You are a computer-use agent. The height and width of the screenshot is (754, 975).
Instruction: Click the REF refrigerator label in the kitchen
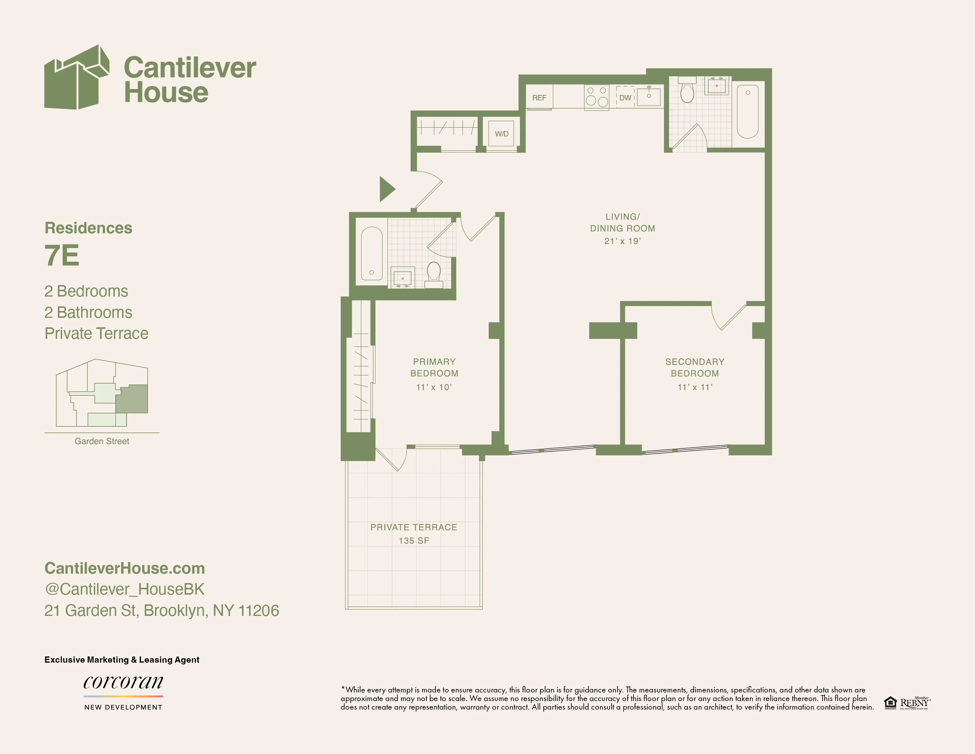click(539, 98)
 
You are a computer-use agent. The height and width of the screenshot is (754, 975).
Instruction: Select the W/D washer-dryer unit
click(501, 134)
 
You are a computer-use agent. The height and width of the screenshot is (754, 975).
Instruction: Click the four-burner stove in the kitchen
click(597, 96)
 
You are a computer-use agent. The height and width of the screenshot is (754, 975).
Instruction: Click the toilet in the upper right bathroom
click(687, 91)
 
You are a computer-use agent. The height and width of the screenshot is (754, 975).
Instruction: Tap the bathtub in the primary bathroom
click(371, 254)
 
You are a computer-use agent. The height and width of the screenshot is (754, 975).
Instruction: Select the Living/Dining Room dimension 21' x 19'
click(622, 241)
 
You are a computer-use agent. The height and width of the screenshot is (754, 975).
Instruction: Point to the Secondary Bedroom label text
click(695, 367)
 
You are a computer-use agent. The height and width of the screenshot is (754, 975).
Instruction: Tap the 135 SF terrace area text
click(414, 541)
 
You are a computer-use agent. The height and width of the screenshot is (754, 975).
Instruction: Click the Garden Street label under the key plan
click(102, 441)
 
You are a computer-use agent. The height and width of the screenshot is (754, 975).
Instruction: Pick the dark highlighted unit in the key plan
click(133, 399)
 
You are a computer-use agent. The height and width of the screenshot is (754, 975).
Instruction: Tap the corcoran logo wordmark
click(123, 682)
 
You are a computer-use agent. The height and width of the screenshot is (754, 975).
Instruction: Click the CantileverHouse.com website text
click(125, 568)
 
